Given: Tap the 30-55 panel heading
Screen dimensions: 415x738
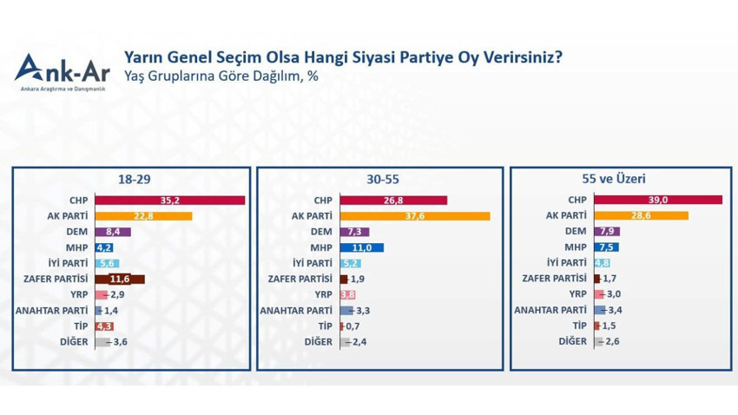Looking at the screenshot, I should (382, 180).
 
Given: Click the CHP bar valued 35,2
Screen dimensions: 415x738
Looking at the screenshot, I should (169, 201).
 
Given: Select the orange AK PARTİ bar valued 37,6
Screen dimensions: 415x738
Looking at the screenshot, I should (415, 216).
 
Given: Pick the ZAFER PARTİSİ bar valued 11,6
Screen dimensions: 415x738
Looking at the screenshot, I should (120, 279).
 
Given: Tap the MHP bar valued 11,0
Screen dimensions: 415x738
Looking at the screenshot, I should (361, 247).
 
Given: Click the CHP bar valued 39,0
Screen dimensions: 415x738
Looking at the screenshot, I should (658, 201).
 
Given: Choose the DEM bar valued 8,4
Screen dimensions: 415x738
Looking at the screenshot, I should (113, 232).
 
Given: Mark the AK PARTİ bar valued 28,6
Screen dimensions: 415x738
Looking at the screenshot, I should (641, 216).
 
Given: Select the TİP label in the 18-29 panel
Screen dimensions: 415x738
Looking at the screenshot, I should (82, 326).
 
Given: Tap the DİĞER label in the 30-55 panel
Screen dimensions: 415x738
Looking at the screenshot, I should (319, 341).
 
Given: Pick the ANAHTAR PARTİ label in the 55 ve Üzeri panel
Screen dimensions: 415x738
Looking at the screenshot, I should (550, 310).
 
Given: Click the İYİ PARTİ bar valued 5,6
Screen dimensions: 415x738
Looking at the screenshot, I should (107, 263).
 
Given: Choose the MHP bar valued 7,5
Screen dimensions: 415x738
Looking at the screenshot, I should (606, 247).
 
